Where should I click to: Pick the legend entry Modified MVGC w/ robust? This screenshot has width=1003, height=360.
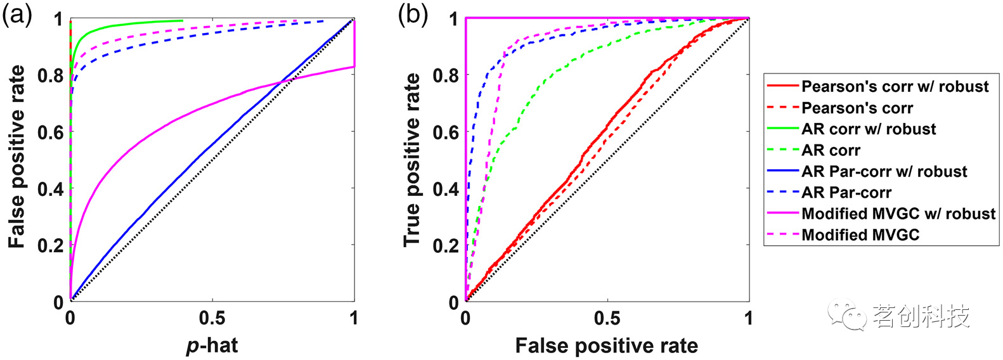[x=881, y=214]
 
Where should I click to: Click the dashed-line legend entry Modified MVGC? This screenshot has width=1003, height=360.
[x=843, y=235]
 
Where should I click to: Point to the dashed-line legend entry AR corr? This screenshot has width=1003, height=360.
[x=813, y=150]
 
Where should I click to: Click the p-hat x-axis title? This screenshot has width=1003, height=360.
[x=212, y=345]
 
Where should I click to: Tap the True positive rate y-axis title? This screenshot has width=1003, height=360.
[x=412, y=160]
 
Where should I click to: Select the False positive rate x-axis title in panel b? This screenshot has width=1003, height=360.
[x=607, y=345]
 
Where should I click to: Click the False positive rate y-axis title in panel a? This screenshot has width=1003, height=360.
[x=16, y=157]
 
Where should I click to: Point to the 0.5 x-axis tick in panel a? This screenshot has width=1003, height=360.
[x=212, y=318]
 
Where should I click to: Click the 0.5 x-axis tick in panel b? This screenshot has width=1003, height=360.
[x=607, y=318]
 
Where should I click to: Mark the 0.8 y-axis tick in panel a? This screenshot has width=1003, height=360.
[x=51, y=75]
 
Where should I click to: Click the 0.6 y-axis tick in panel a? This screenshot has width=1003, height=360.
[x=51, y=132]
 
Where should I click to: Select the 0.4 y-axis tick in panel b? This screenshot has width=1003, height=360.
[x=446, y=189]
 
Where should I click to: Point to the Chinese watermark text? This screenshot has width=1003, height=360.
[x=921, y=316]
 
